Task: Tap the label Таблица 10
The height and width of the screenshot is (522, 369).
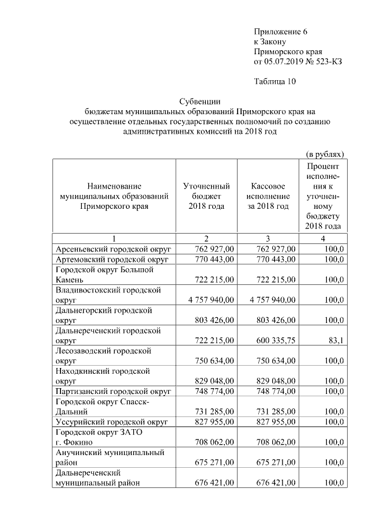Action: (x=274, y=81)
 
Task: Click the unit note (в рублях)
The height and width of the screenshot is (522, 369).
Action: (x=325, y=154)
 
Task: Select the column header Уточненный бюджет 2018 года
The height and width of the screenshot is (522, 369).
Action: (x=206, y=196)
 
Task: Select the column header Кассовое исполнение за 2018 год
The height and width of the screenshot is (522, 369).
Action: (x=268, y=196)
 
